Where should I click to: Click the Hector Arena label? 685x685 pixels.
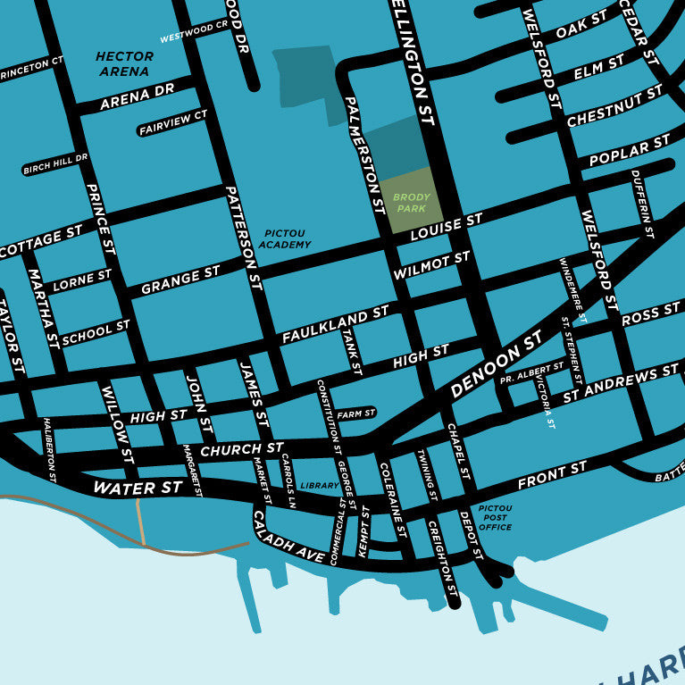click(124, 63)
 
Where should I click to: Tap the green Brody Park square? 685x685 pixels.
click(411, 201)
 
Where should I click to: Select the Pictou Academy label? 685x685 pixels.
click(286, 238)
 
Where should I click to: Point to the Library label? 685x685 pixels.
click(320, 486)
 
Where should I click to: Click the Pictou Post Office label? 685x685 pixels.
click(495, 517)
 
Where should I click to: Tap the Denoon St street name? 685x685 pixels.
click(496, 364)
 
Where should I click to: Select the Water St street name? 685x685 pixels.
click(138, 488)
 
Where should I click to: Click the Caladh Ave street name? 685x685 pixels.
click(288, 538)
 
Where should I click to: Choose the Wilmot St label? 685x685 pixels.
click(430, 265)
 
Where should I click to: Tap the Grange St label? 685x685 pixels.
click(180, 280)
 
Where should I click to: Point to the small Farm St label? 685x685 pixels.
click(356, 414)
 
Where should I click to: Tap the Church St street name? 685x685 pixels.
click(241, 450)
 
